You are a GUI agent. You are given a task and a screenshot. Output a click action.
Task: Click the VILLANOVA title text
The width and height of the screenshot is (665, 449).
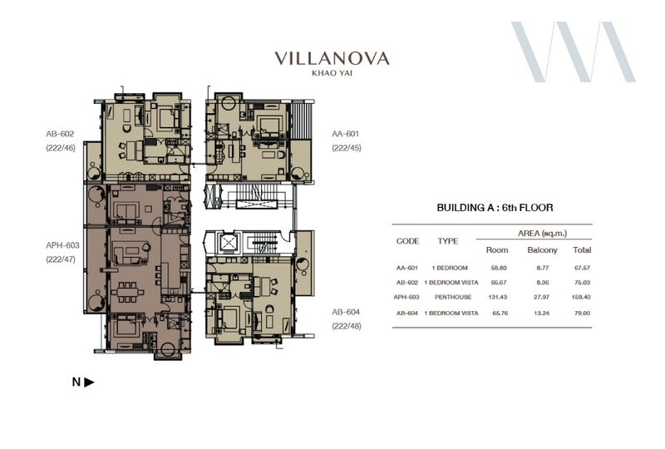pos(332,58)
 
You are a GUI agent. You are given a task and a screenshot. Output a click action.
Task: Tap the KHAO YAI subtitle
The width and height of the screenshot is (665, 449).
pos(332,73)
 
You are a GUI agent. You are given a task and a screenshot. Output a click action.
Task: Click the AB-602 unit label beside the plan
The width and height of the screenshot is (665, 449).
pos(60,134)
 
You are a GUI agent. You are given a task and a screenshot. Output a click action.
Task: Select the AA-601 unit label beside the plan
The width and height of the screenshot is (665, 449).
pos(345,134)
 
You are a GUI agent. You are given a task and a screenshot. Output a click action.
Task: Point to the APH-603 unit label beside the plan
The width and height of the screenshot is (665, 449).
pos(62,245)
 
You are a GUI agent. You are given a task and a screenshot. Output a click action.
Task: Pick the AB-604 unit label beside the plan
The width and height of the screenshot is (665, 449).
pos(346,312)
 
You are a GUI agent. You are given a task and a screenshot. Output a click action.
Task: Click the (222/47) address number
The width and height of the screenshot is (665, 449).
pos(61,259)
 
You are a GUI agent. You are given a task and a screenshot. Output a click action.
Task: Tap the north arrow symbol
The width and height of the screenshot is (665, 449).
pos(89,382)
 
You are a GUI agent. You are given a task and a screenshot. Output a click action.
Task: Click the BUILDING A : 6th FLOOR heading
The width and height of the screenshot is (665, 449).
pos(495,208)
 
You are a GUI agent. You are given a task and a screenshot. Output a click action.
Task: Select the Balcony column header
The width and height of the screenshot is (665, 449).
pos(542,250)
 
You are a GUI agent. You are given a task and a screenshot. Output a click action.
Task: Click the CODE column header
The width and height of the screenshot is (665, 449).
pos(407,241)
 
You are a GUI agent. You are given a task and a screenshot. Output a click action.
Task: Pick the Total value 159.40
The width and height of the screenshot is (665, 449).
pos(581,297)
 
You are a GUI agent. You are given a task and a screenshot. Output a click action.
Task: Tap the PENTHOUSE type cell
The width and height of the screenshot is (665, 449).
pos(453,297)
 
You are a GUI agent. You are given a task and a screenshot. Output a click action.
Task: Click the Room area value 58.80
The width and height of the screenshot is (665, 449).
pos(499,268)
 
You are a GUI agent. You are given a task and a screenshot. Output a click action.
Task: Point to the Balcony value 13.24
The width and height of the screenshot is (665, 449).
pos(542,313)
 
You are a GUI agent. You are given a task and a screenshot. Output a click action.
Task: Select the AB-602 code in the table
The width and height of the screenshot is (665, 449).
pos(407,282)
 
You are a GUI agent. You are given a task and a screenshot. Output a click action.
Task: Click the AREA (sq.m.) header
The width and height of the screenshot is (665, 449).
pos(543,233)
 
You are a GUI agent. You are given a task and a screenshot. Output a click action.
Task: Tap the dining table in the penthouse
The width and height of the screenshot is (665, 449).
pos(128,293)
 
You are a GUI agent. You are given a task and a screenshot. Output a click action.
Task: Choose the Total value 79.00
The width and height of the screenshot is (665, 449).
pos(583,313)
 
